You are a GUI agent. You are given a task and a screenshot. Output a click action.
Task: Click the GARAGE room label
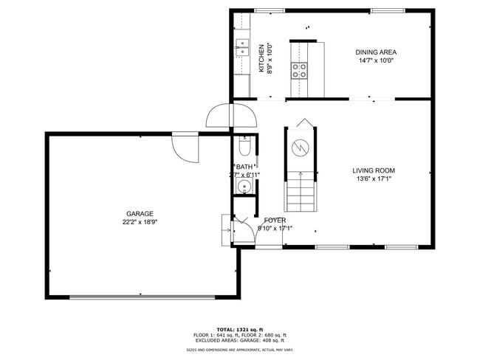[x=139, y=213]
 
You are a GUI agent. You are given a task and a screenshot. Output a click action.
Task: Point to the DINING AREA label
[x=376, y=52]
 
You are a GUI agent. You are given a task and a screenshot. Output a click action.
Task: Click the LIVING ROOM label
[x=374, y=170]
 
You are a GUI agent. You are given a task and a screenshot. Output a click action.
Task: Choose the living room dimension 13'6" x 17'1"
[x=374, y=179]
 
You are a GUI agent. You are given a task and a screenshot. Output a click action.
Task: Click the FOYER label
[x=275, y=220]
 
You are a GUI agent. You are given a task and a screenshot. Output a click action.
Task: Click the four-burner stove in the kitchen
[x=300, y=71]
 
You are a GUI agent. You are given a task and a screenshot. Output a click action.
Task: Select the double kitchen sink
[x=241, y=49]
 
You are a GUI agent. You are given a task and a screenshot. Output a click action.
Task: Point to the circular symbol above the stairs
[x=301, y=146]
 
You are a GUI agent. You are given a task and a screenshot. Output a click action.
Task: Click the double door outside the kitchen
[x=232, y=116]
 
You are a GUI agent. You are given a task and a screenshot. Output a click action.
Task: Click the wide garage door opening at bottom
[x=140, y=297]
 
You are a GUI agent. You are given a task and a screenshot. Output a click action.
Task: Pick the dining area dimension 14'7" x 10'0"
[x=376, y=61]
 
